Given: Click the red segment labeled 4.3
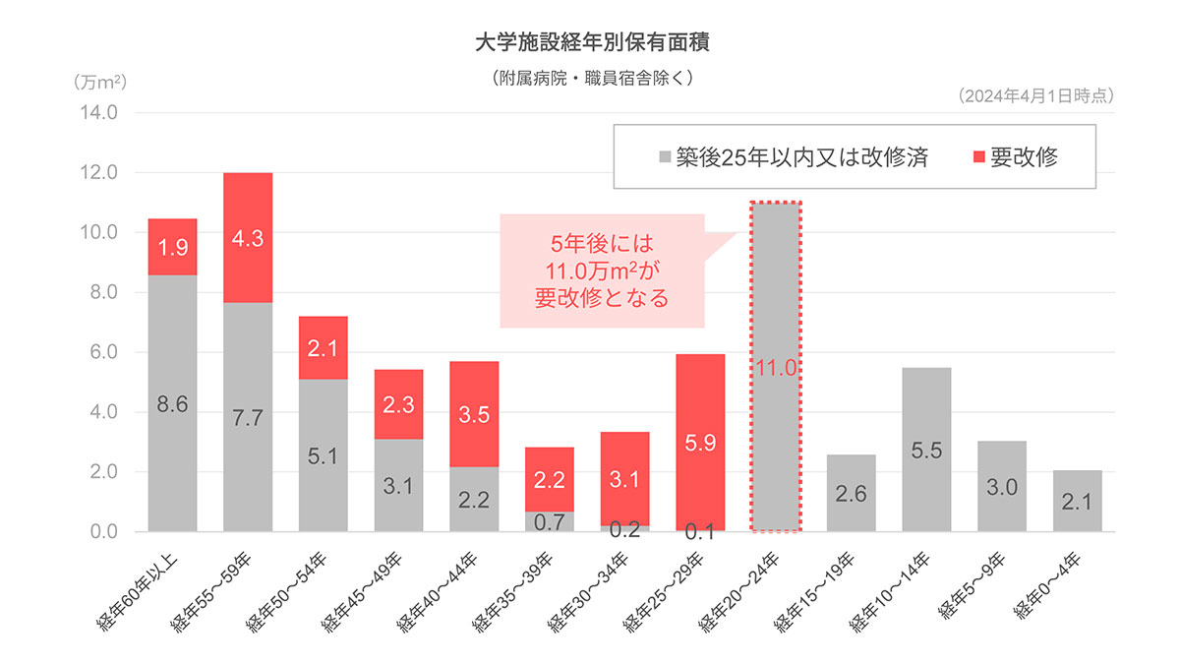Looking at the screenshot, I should (x=248, y=237).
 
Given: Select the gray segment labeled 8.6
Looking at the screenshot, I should (x=172, y=403).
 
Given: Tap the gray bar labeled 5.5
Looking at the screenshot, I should (x=926, y=449).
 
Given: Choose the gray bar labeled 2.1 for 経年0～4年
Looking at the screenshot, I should (x=1078, y=501).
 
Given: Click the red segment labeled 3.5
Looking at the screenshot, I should (x=474, y=413).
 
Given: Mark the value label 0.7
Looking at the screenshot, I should (x=550, y=522).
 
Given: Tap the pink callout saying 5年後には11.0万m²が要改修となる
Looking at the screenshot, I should (x=602, y=271).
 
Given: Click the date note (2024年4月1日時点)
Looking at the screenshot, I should (x=1034, y=95).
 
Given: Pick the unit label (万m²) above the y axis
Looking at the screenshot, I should (x=100, y=82).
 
